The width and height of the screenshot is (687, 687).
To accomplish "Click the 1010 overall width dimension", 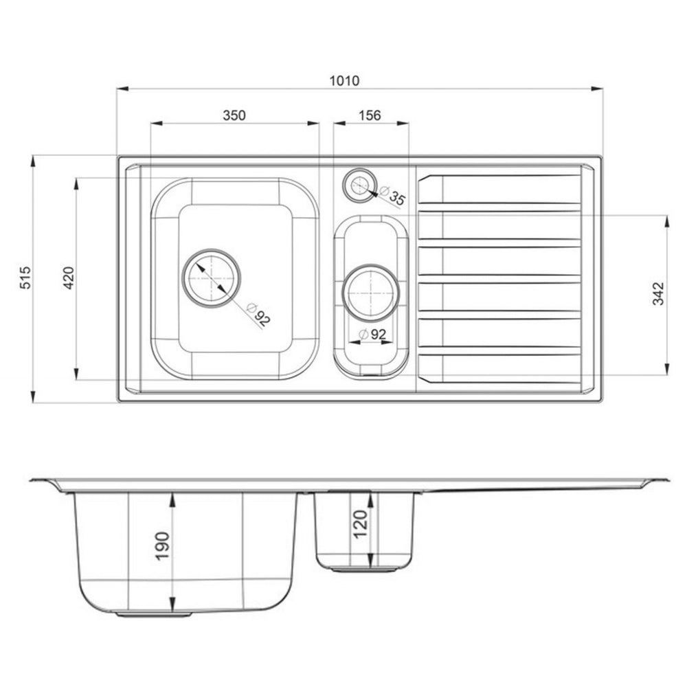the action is [x=344, y=80].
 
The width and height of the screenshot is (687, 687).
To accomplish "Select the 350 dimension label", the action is [x=234, y=115].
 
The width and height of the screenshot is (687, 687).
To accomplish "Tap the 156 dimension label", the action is [x=370, y=115].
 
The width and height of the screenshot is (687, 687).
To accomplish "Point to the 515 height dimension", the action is [x=26, y=278].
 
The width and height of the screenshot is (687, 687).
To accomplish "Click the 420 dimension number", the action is [x=69, y=278].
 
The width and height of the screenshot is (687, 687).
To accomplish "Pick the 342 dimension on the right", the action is [x=659, y=293].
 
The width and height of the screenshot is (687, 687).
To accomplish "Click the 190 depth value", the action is [x=162, y=545].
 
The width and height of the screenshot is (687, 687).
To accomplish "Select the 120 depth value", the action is [x=360, y=524].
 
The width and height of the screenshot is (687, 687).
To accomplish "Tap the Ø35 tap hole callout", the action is [x=393, y=196].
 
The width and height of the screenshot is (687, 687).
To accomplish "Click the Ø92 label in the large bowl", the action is [x=258, y=314].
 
